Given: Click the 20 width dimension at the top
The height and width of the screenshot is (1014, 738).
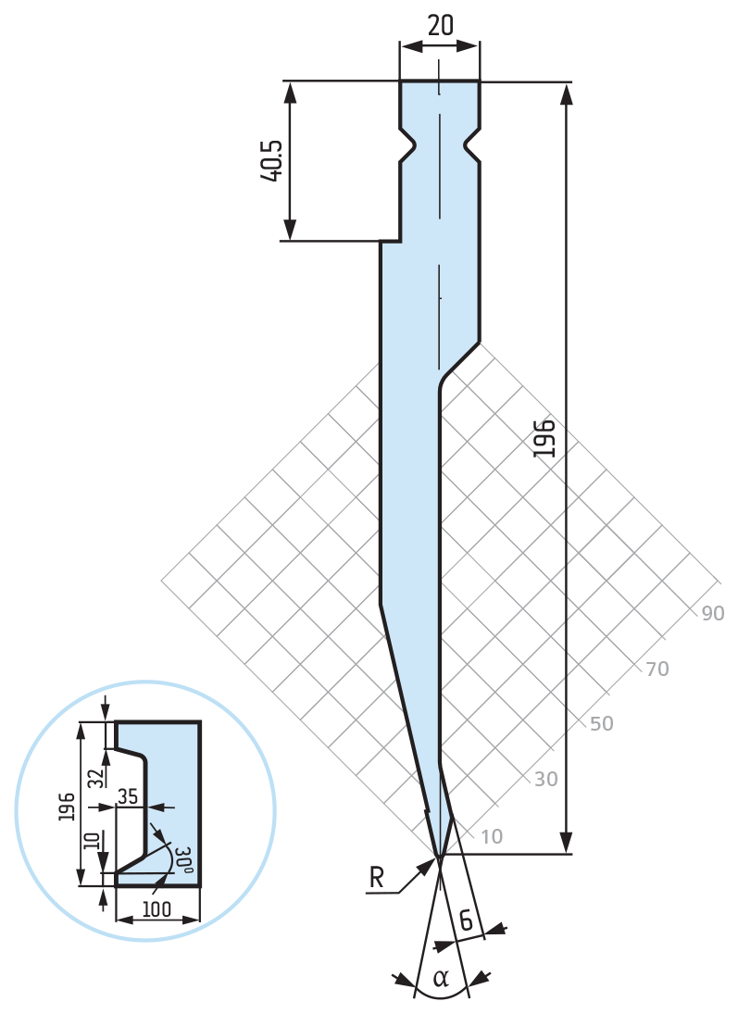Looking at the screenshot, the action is tap(441, 25).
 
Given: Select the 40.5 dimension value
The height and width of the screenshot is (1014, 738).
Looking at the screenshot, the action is tap(272, 161).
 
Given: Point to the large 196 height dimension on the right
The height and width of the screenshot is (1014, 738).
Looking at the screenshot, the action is tap(544, 438).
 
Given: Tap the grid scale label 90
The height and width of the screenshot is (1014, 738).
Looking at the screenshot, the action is tap(713, 613).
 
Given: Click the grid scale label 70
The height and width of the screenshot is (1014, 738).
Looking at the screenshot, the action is tap(657, 669).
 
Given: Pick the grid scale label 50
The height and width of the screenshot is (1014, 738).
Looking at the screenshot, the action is tap(602, 723).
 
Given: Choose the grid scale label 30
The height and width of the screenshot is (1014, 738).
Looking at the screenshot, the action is tap(546, 780).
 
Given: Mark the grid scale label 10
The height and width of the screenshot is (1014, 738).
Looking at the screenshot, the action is tap(492, 837).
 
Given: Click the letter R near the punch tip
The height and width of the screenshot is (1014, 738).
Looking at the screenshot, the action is tap(377, 878).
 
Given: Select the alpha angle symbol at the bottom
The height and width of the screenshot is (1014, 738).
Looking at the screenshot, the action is tap(441, 978).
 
